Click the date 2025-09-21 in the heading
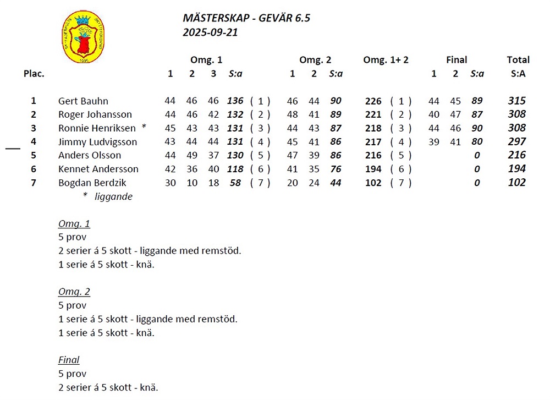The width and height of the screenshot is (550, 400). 210,32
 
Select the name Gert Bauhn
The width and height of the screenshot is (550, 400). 83,101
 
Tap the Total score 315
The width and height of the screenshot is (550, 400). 517,101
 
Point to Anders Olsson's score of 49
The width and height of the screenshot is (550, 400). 191,155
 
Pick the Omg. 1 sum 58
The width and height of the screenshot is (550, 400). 235,183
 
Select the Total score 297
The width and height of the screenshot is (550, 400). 517,142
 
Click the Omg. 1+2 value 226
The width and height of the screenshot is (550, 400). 373,101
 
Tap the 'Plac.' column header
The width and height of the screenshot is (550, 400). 34,74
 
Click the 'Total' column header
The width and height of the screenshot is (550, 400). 518,60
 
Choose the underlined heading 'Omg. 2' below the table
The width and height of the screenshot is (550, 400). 74,292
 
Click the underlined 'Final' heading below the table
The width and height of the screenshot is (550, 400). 69,360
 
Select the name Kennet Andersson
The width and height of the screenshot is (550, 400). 91,169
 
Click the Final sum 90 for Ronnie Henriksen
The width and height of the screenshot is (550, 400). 477,128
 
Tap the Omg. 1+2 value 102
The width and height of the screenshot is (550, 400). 373,183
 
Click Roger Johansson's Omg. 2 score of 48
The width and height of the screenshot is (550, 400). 293,114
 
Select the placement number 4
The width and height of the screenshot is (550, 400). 34,142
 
